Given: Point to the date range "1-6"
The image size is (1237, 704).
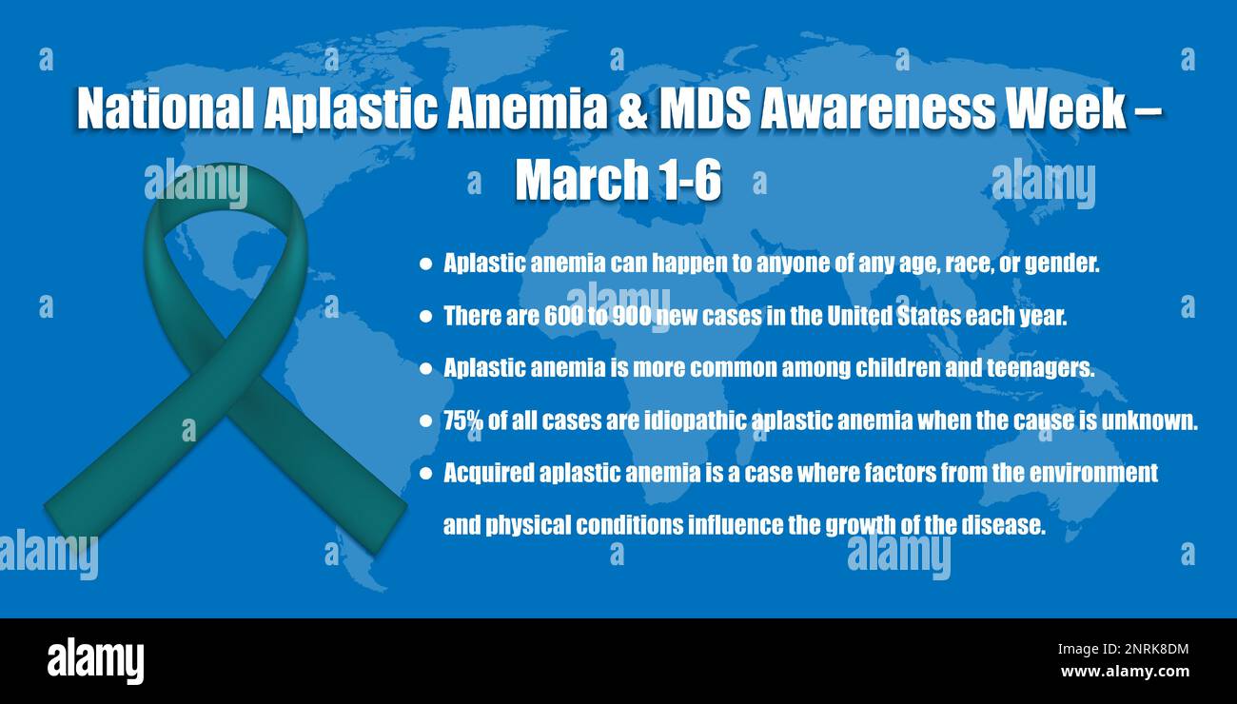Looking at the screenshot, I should pos(685,180).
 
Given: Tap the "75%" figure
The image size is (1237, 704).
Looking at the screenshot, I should pos(462,420).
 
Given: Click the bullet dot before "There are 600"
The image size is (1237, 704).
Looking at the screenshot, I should pos(425,317).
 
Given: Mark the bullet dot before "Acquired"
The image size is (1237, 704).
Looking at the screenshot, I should pos(425,473).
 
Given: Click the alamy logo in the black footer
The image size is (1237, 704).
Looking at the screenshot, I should pos(95,660).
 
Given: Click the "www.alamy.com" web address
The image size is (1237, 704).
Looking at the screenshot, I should pos(1124,672).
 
